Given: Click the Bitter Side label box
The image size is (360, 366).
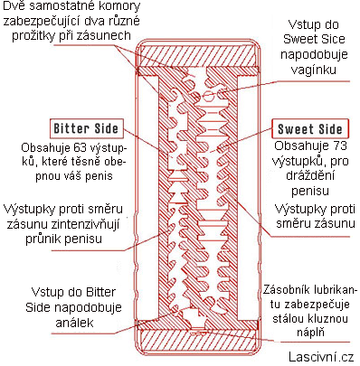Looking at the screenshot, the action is tap(87, 128).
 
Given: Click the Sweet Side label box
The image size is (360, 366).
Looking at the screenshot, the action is tap(310, 129).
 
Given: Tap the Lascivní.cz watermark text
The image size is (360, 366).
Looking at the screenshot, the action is tap(321, 357).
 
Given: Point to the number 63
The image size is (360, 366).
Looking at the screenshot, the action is tap(81, 148).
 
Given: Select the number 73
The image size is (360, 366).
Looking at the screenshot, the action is tap(339, 145).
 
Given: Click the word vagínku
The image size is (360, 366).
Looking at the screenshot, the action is tap(314, 70).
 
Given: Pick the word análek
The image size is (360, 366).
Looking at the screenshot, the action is tap(74, 323).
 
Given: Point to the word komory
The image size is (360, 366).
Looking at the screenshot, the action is tap(123, 6).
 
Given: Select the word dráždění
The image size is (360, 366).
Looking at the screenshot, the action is tap(310, 175).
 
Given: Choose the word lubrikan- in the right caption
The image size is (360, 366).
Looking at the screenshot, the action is tap(336, 289).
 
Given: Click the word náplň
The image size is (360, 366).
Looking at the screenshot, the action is tap(310, 333).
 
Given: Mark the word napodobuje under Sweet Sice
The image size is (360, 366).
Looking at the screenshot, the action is tap(314, 54).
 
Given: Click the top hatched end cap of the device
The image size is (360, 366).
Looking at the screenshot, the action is tap(197, 56).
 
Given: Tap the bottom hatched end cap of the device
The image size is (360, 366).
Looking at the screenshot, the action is tap(197, 341).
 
